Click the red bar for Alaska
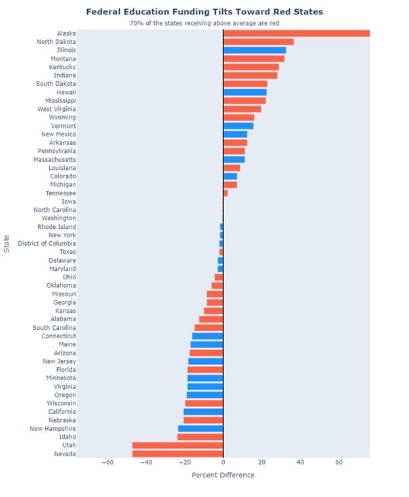coord(296,33)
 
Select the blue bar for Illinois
coord(254,50)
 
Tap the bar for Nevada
coord(178,454)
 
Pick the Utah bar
coord(178,445)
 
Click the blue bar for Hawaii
coord(244,92)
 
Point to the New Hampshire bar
coord(201,428)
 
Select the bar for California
coord(203,412)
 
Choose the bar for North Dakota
coord(258,42)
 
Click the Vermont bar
coord(238,126)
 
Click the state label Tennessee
coord(60,193)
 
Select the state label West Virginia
coord(56,109)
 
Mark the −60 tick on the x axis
coord(107,462)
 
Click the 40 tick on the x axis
coord(300,462)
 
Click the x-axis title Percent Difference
coord(223,475)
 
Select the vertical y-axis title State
coord(7,243)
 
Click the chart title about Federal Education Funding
coord(204,12)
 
